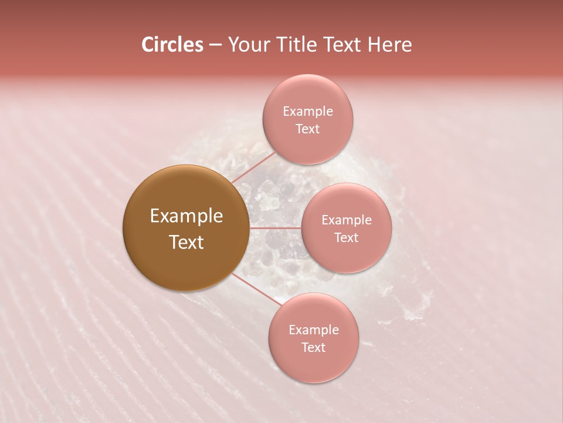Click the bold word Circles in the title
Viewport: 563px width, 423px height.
coord(172,45)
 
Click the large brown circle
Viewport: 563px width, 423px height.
coord(186,228)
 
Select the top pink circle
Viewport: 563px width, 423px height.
coord(307,120)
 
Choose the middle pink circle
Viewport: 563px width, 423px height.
coord(346,228)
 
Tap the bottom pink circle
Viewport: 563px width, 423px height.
coord(313,338)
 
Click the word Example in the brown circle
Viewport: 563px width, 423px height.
coord(186,216)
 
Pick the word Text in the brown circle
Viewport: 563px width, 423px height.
coord(186,242)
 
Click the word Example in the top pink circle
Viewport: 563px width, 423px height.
coord(307,112)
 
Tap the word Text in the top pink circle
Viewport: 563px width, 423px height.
coord(307,129)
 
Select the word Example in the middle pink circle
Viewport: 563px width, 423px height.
coord(346,220)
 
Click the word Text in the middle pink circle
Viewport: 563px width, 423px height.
coord(346,238)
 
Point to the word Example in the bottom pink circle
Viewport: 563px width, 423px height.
coord(313,330)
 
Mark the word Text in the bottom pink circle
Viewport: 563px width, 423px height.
coord(313,348)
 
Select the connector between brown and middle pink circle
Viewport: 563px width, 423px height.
coord(275,228)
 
